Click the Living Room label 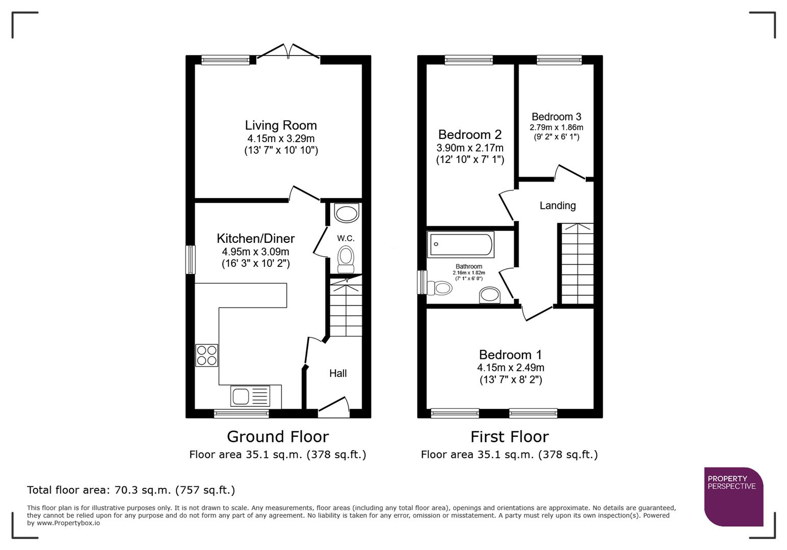[x=281, y=125]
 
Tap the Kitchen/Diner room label [x=255, y=238]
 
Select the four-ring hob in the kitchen [x=207, y=355]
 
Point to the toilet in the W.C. [x=346, y=259]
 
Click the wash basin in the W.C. [x=347, y=213]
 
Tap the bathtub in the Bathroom [x=461, y=245]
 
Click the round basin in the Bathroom [x=490, y=295]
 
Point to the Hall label [x=338, y=373]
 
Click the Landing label [x=558, y=206]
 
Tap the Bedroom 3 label [x=556, y=117]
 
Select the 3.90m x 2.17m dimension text [x=469, y=148]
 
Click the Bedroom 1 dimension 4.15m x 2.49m [x=510, y=368]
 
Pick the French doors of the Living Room [x=289, y=52]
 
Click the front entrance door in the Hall [x=334, y=407]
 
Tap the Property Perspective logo [x=733, y=497]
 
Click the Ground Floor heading [x=278, y=437]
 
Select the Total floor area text [x=131, y=490]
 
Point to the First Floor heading [x=509, y=437]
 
